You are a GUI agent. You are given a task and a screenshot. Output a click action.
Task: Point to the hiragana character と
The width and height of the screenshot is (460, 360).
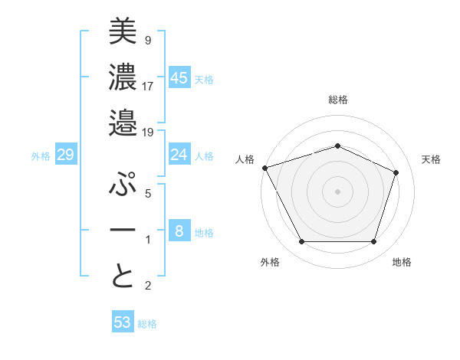tap(123, 276)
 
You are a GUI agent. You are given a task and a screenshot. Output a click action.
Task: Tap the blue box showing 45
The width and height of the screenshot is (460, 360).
tap(179, 77)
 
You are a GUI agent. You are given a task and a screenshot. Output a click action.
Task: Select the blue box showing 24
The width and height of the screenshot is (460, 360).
tap(179, 155)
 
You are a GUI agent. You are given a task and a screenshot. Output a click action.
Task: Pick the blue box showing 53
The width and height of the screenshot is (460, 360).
tap(123, 322)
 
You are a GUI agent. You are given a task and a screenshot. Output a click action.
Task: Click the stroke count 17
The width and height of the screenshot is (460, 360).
tap(148, 85)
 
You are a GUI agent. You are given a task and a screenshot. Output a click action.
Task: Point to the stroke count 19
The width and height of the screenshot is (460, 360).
tap(148, 132)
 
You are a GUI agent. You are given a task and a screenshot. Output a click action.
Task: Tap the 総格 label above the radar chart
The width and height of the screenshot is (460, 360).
tap(337, 100)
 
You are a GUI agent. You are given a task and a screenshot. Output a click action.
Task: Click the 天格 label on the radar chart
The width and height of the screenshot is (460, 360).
tap(431, 159)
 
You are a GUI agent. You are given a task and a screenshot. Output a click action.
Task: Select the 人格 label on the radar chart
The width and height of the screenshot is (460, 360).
tap(245, 159)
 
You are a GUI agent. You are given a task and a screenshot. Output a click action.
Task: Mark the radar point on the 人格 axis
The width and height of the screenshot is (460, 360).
tap(264, 168)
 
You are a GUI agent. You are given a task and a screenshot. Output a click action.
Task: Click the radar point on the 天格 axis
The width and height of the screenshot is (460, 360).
tap(396, 172)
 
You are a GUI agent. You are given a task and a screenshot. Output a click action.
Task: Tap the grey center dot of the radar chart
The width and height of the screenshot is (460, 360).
tap(337, 191)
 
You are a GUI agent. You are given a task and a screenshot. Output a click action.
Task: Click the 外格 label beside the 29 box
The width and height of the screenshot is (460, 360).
tap(41, 156)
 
